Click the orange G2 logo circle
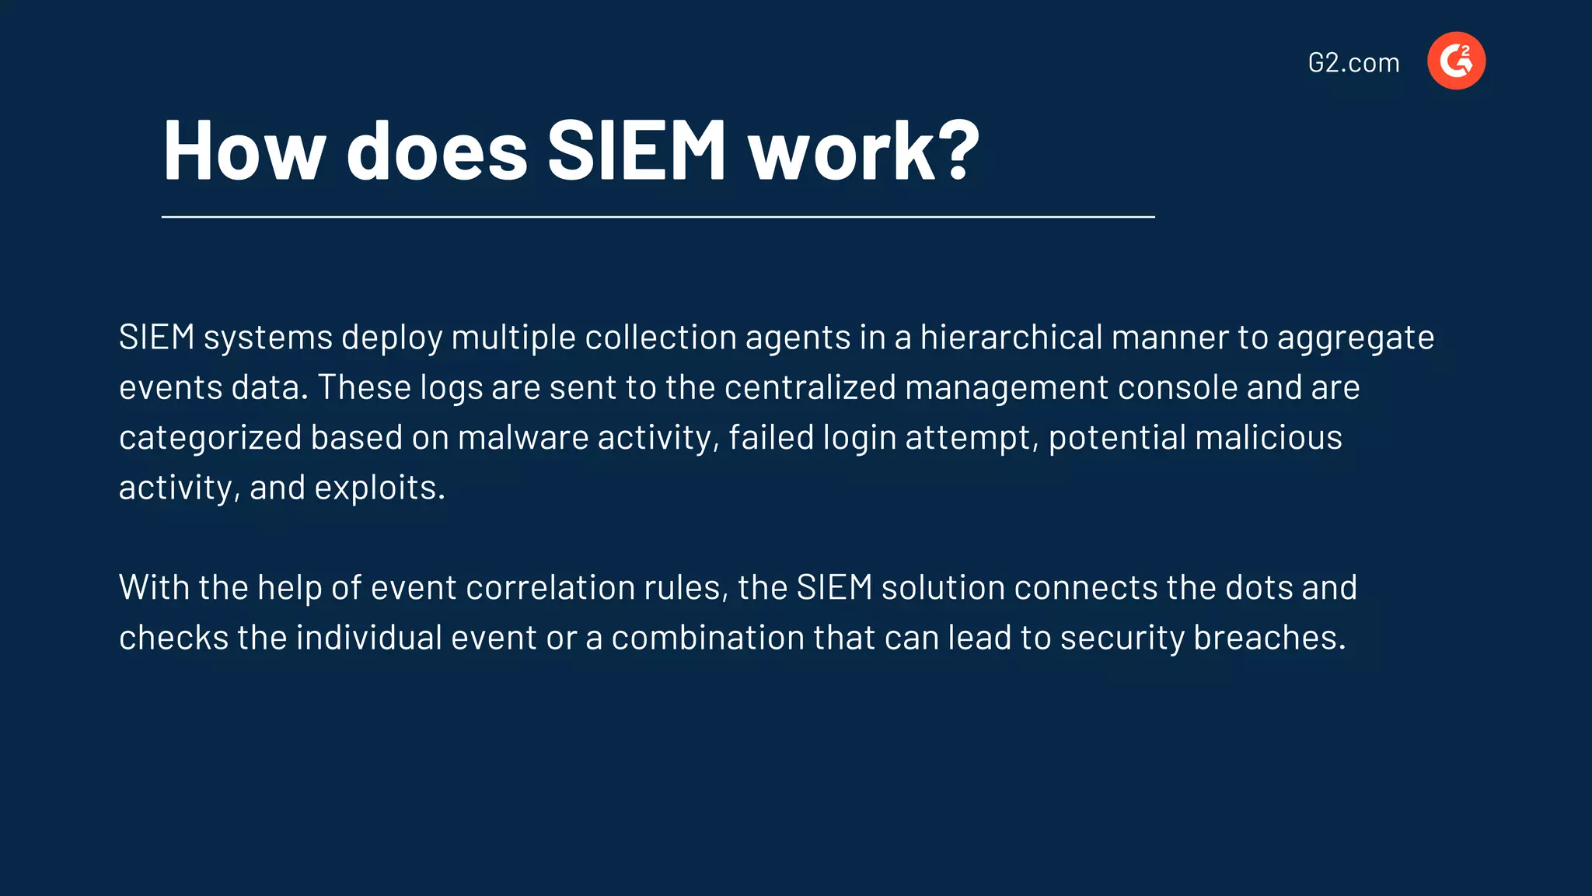coord(1456,61)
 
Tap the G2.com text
coord(1353,62)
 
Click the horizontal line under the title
coord(658,217)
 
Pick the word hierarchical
coord(1011,338)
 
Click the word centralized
coord(810,387)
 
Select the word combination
coord(707,638)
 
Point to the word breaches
coord(1269,638)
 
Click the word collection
coord(660,338)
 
